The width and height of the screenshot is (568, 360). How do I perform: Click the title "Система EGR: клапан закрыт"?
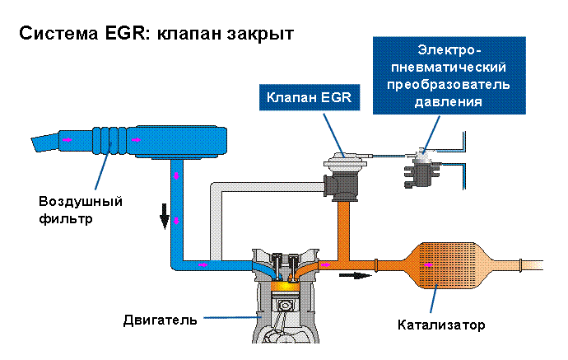pyautogui.click(x=156, y=35)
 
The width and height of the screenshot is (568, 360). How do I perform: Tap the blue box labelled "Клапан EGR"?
pyautogui.click(x=308, y=98)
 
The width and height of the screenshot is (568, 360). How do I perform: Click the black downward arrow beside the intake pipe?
pyautogui.click(x=165, y=217)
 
